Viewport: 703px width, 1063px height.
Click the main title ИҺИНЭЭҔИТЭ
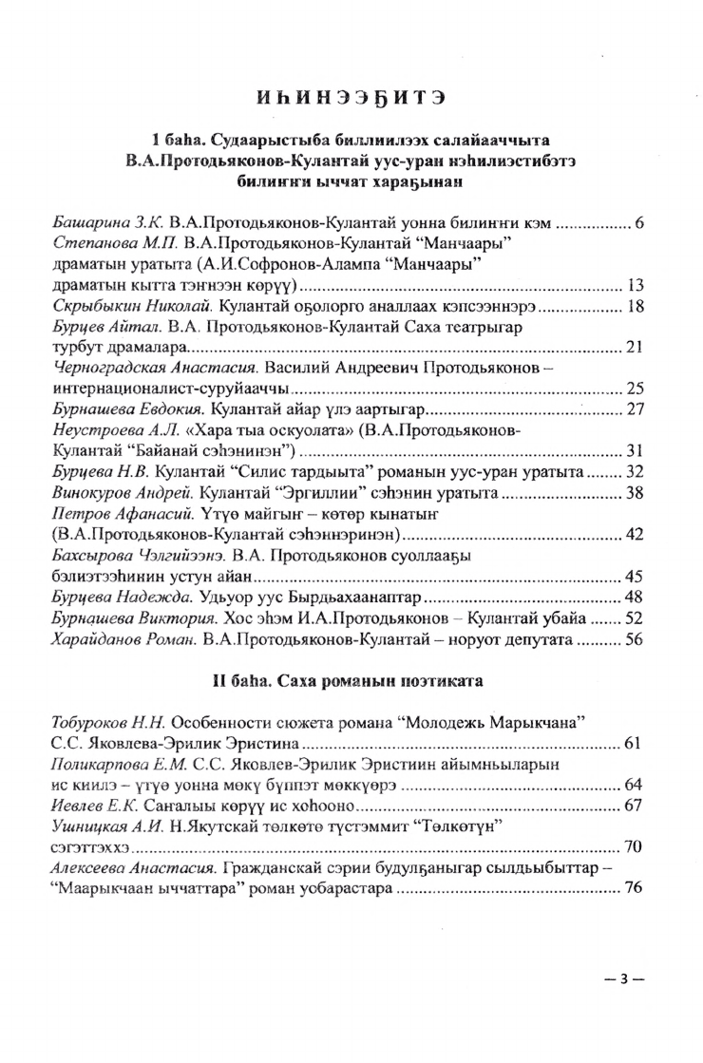coord(351,96)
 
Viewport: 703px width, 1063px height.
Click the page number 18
coord(636,308)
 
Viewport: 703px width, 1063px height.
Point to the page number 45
coord(636,575)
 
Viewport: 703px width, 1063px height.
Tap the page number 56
coord(636,639)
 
